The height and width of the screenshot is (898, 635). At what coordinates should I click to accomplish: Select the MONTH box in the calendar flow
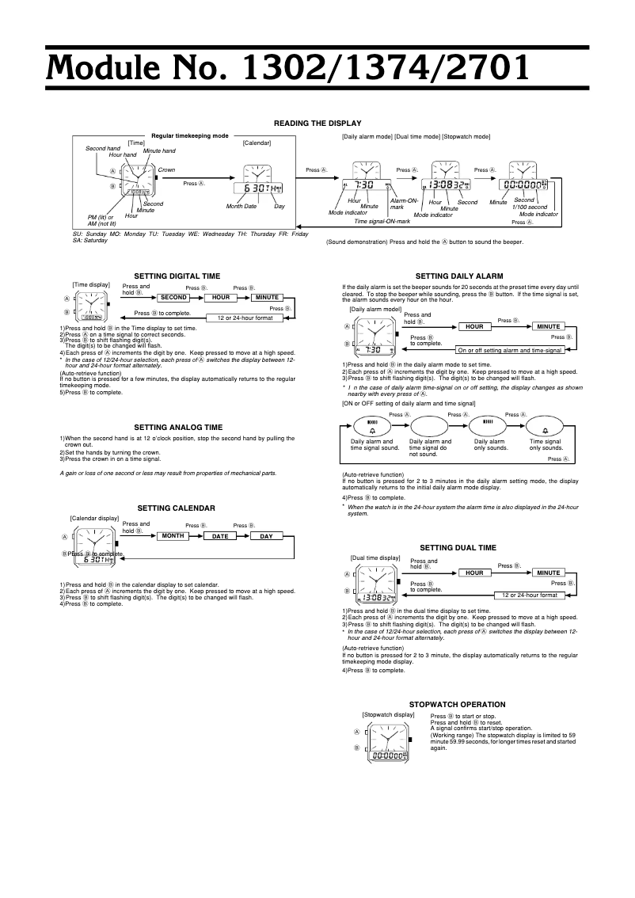pyautogui.click(x=178, y=536)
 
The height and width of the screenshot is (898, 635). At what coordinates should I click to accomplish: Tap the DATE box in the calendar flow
pyautogui.click(x=226, y=536)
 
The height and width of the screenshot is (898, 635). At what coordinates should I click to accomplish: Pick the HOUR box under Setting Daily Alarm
pyautogui.click(x=473, y=326)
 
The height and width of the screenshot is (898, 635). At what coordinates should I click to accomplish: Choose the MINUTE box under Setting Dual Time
pyautogui.click(x=548, y=573)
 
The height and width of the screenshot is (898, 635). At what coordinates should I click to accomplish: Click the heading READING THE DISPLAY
pyautogui.click(x=317, y=123)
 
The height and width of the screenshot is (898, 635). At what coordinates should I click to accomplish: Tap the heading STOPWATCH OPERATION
pyautogui.click(x=457, y=704)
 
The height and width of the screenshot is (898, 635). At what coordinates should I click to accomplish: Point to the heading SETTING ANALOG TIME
pyautogui.click(x=177, y=426)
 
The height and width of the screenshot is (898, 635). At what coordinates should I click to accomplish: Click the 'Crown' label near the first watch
pyautogui.click(x=166, y=170)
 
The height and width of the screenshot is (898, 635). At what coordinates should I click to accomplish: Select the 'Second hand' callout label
pyautogui.click(x=103, y=149)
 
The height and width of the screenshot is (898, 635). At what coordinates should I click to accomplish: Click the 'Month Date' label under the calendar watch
pyautogui.click(x=241, y=207)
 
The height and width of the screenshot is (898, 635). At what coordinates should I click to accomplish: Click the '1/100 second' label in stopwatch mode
pyautogui.click(x=529, y=207)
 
